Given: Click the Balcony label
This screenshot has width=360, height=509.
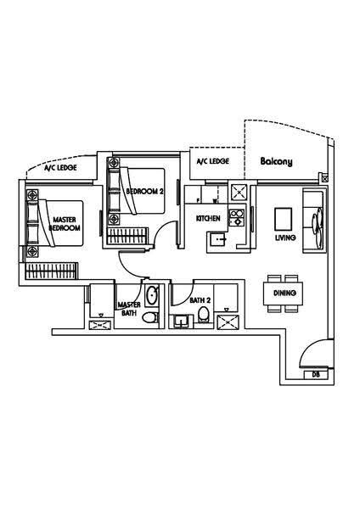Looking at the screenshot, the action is click(276, 162).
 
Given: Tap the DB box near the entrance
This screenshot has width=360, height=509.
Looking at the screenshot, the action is click(316, 374).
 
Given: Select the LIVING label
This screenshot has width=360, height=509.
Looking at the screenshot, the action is click(285, 238).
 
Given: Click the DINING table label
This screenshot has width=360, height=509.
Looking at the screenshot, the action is click(284, 293).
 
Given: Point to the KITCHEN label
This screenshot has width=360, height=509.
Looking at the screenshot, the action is click(208, 218).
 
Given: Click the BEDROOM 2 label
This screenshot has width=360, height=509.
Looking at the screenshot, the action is click(144, 191).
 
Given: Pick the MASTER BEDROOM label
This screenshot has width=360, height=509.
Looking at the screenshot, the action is click(65, 224).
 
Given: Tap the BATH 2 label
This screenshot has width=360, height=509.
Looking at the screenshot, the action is click(200, 300).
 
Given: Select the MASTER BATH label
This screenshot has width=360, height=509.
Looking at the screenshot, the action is click(129, 309).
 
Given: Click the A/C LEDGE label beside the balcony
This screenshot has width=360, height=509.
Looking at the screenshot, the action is click(213, 161).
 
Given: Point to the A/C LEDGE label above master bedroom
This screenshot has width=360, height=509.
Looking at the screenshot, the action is click(60, 167).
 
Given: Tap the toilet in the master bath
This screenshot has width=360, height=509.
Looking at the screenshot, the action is click(150, 317).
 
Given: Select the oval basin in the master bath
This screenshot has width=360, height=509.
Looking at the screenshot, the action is click(152, 295).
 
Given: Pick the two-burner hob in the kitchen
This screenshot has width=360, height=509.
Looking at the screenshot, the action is click(237, 217).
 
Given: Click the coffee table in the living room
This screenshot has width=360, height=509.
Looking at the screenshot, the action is click(283, 219).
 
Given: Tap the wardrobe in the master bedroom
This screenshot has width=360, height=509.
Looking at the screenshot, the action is click(51, 271).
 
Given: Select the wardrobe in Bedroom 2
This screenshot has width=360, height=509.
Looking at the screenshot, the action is click(127, 235).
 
